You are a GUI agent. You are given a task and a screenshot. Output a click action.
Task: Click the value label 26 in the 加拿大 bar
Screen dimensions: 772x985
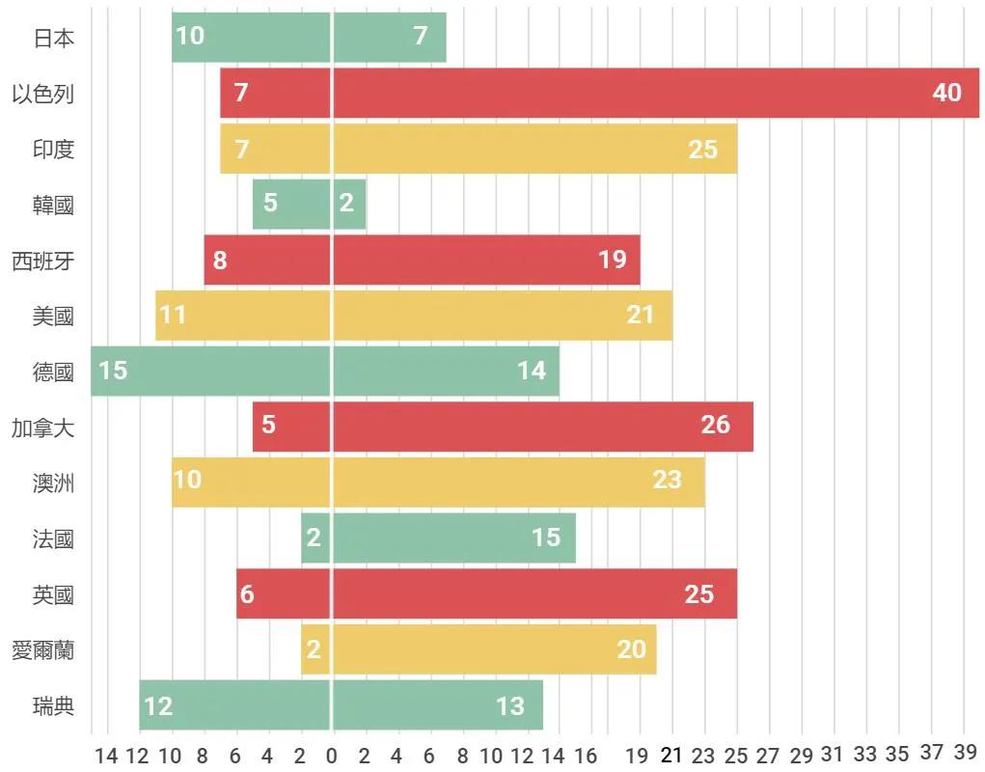pos(715,425)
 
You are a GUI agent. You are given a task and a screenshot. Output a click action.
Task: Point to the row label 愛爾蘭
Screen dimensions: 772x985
pos(43,650)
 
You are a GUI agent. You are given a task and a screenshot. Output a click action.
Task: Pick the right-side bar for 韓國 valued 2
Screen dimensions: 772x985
pos(350,204)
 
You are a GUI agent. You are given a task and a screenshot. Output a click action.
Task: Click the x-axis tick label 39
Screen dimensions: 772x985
pos(965,754)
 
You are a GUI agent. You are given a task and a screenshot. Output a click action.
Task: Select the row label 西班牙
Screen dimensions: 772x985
pos(43,261)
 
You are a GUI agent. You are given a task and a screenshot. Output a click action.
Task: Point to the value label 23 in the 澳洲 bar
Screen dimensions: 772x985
pos(667,480)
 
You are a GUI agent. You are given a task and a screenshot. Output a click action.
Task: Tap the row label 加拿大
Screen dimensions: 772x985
pos(43,427)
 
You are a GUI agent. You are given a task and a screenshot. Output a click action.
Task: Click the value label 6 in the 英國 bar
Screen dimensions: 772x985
pos(247,593)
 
